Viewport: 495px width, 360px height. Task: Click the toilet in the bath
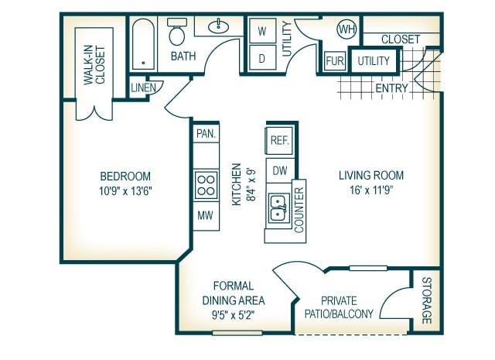point(177,31)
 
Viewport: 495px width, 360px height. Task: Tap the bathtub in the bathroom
point(143,44)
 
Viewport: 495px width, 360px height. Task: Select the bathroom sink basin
point(218,26)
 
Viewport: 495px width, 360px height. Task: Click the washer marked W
point(262,31)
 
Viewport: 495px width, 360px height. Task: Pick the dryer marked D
point(262,58)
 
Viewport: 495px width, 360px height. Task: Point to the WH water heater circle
point(347,29)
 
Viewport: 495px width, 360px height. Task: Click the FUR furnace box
point(335,60)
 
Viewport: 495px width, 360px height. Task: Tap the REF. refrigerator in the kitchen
point(279,140)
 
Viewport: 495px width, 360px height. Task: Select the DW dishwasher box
point(280,170)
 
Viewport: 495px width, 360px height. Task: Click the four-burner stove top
point(207,185)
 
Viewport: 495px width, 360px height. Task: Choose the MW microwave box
point(206,215)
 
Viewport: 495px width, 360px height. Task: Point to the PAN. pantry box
point(207,133)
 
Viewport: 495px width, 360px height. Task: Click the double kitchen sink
point(278,207)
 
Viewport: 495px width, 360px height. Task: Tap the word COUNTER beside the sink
point(299,210)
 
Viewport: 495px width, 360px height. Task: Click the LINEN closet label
point(144,87)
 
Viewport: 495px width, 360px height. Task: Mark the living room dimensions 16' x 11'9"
point(371,190)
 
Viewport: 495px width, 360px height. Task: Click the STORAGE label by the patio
point(427,300)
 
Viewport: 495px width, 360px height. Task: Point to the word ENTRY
point(392,88)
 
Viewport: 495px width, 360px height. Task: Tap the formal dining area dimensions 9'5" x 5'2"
point(234,315)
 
